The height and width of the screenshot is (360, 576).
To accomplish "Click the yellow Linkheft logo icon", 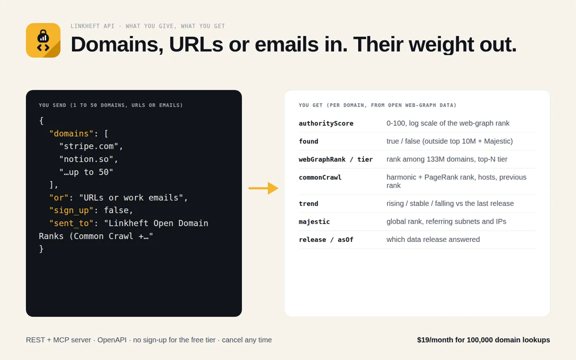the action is click(43, 40).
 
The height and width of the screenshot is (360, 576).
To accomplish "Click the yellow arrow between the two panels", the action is click(264, 188).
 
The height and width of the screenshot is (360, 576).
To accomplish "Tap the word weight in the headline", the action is click(441, 45).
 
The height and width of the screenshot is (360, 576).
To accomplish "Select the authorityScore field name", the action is click(326, 123).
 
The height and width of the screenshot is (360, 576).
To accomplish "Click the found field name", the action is click(309, 142).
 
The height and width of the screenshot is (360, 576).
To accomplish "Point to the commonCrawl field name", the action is click(320, 178).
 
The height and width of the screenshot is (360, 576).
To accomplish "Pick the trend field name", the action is click(309, 204).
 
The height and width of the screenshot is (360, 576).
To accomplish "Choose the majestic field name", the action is click(314, 222).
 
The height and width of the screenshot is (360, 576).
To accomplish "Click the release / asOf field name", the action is click(326, 240).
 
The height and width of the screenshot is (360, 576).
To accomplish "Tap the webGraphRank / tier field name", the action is click(336, 159).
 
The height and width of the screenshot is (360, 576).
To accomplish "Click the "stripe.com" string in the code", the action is click(89, 146).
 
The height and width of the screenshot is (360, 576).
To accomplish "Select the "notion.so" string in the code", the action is click(86, 159).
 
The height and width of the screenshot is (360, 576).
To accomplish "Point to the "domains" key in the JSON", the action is click(71, 133).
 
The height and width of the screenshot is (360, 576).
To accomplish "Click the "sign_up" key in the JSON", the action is click(71, 210).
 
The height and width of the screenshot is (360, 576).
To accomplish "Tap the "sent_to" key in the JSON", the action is click(71, 223).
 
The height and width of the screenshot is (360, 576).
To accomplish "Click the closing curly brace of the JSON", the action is click(41, 249).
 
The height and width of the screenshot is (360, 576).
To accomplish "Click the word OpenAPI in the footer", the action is click(112, 340).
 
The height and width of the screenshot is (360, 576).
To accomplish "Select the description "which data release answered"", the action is click(433, 240).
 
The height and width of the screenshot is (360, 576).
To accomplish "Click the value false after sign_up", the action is click(116, 210).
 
